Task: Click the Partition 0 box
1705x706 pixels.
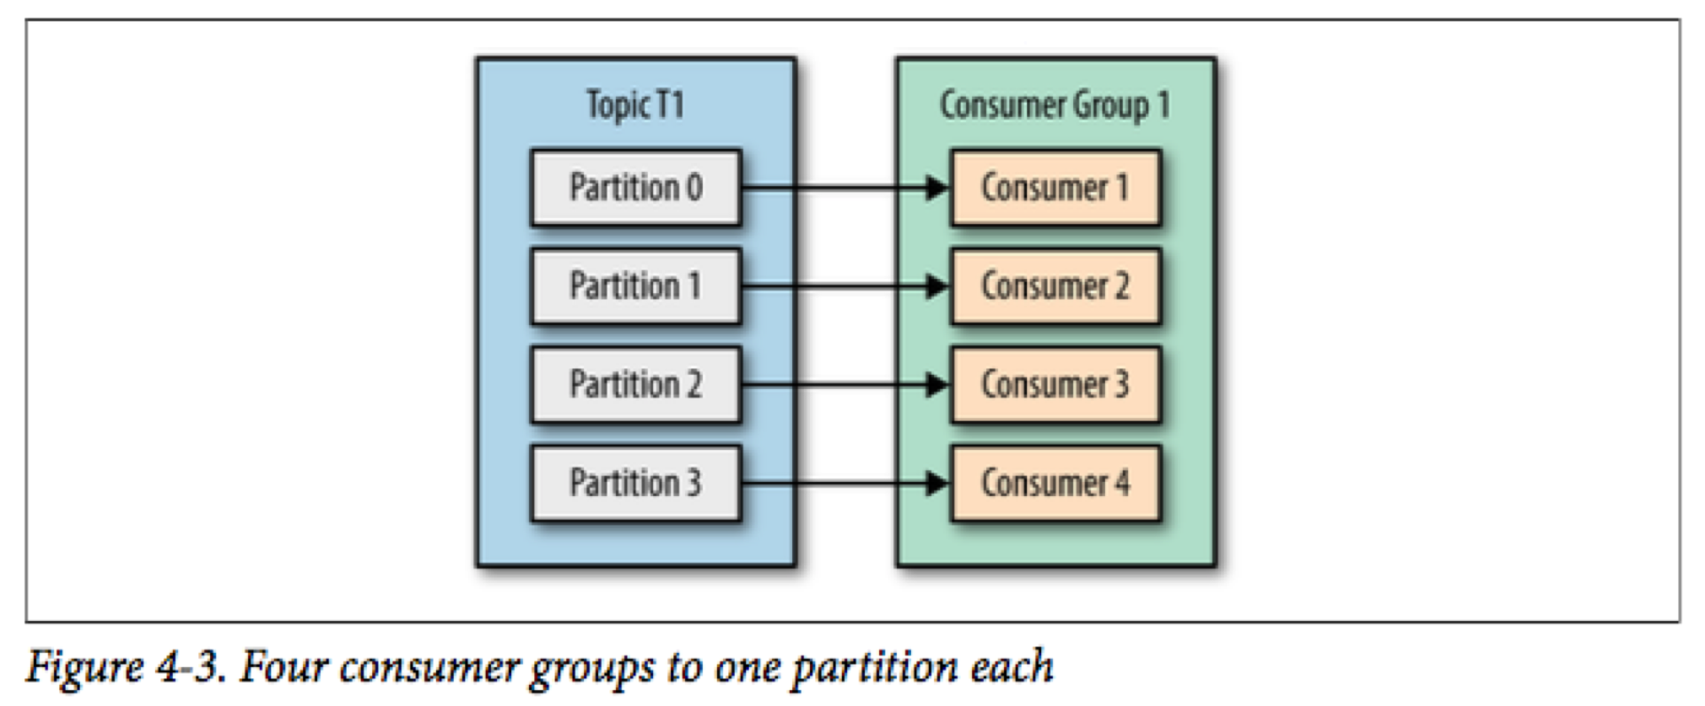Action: (635, 188)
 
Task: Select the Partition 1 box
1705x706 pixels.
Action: (635, 286)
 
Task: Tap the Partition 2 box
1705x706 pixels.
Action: (635, 384)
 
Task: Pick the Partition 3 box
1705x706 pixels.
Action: (635, 483)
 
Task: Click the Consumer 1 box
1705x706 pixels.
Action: (1055, 188)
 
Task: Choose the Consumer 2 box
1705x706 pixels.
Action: (1055, 286)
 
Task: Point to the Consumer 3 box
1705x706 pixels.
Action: (1055, 384)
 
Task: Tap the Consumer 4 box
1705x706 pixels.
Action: (1055, 483)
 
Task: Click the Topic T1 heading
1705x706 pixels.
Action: (635, 105)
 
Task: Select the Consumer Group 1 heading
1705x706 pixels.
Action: (1055, 105)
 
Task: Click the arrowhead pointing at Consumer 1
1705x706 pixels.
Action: (938, 188)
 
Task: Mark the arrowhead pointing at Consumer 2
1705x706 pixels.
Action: (938, 286)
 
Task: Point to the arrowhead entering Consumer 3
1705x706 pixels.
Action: (938, 384)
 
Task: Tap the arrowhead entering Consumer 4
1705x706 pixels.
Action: (938, 483)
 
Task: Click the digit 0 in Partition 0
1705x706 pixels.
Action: (693, 188)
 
